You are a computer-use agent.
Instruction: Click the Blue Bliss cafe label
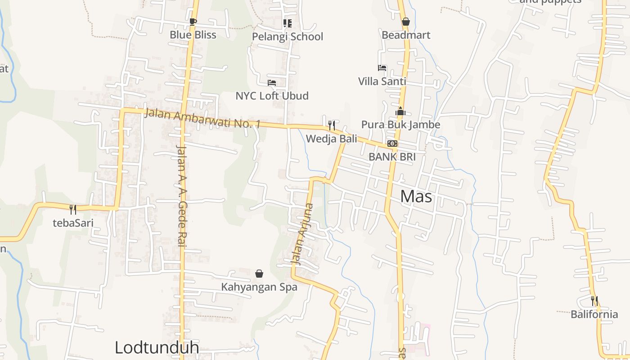pyautogui.click(x=193, y=35)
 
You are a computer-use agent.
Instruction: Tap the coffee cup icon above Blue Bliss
pyautogui.click(x=193, y=22)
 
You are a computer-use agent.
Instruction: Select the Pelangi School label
pyautogui.click(x=287, y=36)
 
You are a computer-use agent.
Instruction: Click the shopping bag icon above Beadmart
pyautogui.click(x=405, y=22)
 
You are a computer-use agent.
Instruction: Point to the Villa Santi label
pyautogui.click(x=382, y=81)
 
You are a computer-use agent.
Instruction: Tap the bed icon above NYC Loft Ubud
pyautogui.click(x=271, y=82)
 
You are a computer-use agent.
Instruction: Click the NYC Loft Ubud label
pyautogui.click(x=272, y=96)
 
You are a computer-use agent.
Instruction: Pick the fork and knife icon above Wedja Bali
pyautogui.click(x=332, y=125)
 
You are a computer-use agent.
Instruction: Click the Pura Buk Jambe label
pyautogui.click(x=400, y=125)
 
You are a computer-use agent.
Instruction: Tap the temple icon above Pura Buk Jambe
pyautogui.click(x=400, y=112)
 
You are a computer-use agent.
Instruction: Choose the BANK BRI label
pyautogui.click(x=392, y=157)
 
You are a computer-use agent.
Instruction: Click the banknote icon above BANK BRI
pyautogui.click(x=392, y=144)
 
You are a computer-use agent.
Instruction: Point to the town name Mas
pyautogui.click(x=416, y=197)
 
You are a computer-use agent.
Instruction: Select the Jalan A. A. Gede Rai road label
pyautogui.click(x=181, y=196)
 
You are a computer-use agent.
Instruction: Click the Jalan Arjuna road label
pyautogui.click(x=302, y=234)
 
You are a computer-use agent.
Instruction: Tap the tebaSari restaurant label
pyautogui.click(x=73, y=223)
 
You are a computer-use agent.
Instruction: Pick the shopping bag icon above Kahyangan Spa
pyautogui.click(x=259, y=274)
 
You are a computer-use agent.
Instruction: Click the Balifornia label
pyautogui.click(x=594, y=314)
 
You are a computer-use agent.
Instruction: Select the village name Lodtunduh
pyautogui.click(x=157, y=348)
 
